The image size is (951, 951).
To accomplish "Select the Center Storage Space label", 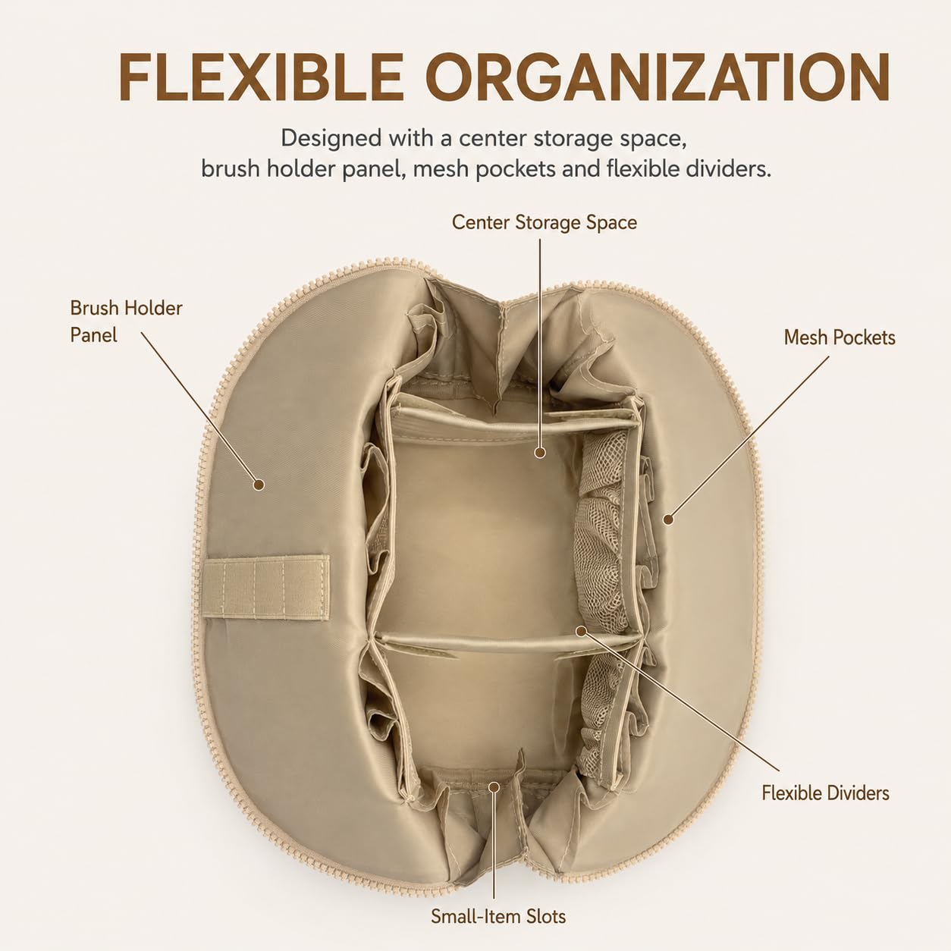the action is coord(544,222).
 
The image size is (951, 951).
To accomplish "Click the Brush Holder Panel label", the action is coord(126,322).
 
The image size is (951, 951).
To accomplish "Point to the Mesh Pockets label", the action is coord(840,337).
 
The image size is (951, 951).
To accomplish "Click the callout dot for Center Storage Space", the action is coord(540,453).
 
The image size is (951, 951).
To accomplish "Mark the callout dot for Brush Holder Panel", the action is coord(259,485).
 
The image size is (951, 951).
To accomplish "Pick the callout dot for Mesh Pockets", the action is coord(668,519).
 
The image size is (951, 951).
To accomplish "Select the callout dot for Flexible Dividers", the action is coord(582,631).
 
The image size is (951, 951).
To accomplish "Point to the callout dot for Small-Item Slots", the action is coord(494,786).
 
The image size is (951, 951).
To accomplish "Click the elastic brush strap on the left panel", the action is coord(265,587).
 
